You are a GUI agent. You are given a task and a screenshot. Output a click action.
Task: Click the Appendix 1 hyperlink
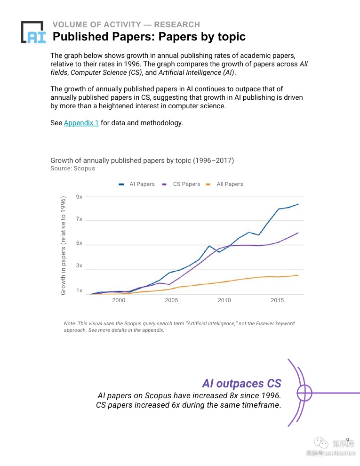pyautogui.click(x=81, y=123)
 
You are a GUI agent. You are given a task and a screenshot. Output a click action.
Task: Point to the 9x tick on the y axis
pyautogui.click(x=79, y=197)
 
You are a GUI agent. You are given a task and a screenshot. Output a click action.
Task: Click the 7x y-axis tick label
pyautogui.click(x=79, y=219)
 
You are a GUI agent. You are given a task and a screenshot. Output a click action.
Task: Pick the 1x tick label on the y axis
pyautogui.click(x=79, y=290)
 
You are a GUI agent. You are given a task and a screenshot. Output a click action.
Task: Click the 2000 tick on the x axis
pyautogui.click(x=119, y=301)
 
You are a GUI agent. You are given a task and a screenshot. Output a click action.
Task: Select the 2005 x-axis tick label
pyautogui.click(x=171, y=301)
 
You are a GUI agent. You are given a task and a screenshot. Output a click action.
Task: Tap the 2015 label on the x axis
pyautogui.click(x=277, y=301)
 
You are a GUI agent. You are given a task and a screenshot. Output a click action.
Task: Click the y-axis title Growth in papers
pyautogui.click(x=63, y=246)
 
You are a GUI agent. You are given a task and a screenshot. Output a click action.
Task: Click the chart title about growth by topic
pyautogui.click(x=142, y=161)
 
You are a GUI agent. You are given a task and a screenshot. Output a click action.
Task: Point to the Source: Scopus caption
pyautogui.click(x=72, y=169)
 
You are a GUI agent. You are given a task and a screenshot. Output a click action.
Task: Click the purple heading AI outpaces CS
pyautogui.click(x=241, y=383)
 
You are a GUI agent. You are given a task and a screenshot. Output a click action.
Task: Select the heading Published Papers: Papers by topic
pyautogui.click(x=149, y=37)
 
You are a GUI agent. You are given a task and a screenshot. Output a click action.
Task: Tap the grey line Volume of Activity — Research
pyautogui.click(x=126, y=24)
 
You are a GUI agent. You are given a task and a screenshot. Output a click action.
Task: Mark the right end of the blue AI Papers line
pyautogui.click(x=298, y=204)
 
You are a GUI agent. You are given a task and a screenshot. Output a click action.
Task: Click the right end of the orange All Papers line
pyautogui.click(x=298, y=275)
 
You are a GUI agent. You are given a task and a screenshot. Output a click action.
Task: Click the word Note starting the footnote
pyautogui.click(x=70, y=324)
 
